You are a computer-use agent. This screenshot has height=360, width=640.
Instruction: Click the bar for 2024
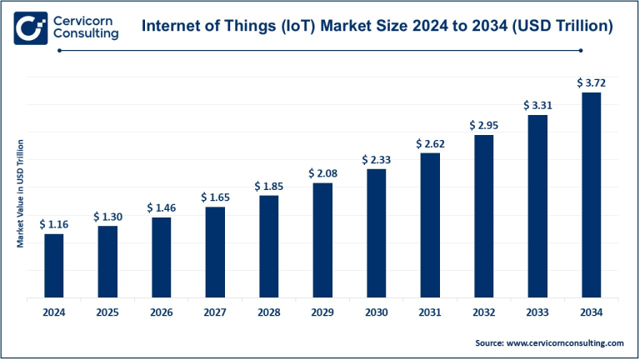(53, 265)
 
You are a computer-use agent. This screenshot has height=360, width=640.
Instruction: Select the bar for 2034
(591, 194)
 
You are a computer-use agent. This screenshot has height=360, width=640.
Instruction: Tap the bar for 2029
(322, 239)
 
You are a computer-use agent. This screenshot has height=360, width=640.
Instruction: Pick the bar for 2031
(430, 224)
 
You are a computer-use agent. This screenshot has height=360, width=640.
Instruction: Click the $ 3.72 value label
(591, 82)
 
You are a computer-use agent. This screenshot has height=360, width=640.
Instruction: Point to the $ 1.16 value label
(53, 224)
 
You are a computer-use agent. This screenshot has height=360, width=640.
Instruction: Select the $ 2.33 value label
(376, 159)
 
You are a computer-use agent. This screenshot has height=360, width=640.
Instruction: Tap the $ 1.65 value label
(215, 197)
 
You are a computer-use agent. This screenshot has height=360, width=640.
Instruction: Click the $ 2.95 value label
(483, 125)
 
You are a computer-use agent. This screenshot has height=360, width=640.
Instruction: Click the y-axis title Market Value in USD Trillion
(19, 193)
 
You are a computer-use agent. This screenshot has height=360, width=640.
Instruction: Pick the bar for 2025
(107, 261)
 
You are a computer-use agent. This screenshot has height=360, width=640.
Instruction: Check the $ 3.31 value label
(537, 106)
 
